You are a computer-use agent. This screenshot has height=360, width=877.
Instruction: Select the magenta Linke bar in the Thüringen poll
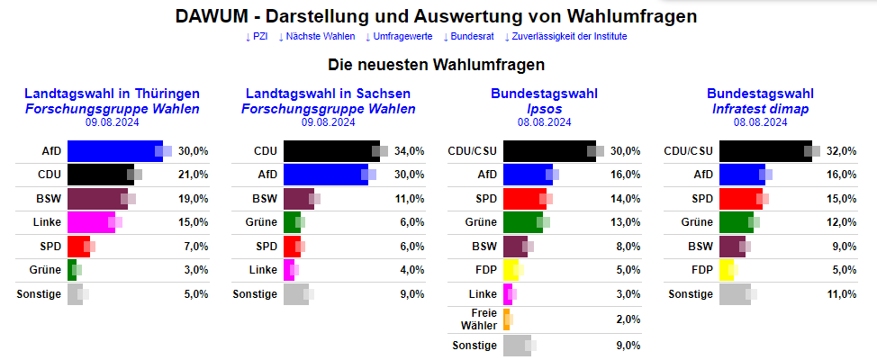point(90,221)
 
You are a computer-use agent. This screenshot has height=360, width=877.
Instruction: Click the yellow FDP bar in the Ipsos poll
point(510,268)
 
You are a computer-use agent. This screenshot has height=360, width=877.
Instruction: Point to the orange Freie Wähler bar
point(507,319)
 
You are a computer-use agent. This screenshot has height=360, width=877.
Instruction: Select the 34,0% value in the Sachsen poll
point(410,151)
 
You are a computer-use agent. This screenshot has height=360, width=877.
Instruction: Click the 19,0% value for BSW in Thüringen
point(194,198)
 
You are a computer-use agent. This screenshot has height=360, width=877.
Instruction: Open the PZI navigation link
point(257,37)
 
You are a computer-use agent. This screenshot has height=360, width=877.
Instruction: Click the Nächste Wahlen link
point(317,37)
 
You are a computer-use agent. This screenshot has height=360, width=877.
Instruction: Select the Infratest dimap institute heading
point(761,109)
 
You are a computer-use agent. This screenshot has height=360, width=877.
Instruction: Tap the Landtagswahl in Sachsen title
point(329,94)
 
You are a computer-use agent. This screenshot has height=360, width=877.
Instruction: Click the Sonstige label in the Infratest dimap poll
point(691,293)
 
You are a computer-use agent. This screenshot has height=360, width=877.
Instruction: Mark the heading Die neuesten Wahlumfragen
point(437,66)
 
